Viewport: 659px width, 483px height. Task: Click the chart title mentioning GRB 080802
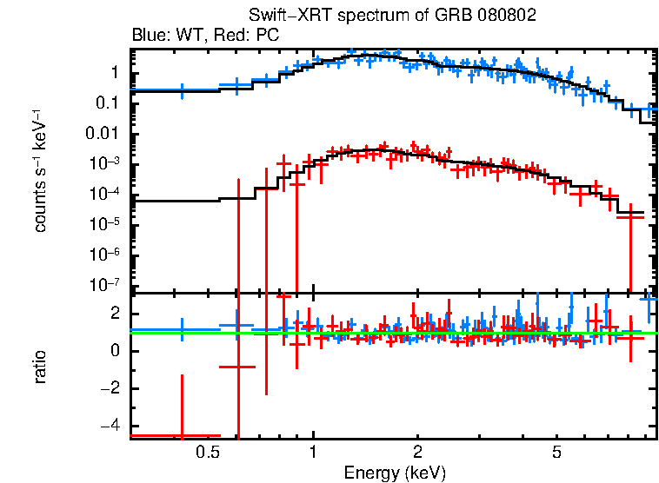pos(392,16)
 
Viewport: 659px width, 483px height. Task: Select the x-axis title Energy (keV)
pos(395,473)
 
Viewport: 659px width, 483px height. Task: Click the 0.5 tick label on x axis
pos(207,453)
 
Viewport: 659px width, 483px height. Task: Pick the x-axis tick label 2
pos(417,453)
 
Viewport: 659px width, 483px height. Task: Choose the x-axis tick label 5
pos(556,453)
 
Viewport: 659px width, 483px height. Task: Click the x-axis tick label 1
pos(313,453)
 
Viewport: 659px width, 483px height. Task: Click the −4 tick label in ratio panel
pos(111,427)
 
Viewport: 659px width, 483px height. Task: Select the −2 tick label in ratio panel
pos(111,389)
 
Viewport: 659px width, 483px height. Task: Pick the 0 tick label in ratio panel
pos(116,352)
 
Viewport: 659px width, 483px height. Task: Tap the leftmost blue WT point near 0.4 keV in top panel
pos(182,89)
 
